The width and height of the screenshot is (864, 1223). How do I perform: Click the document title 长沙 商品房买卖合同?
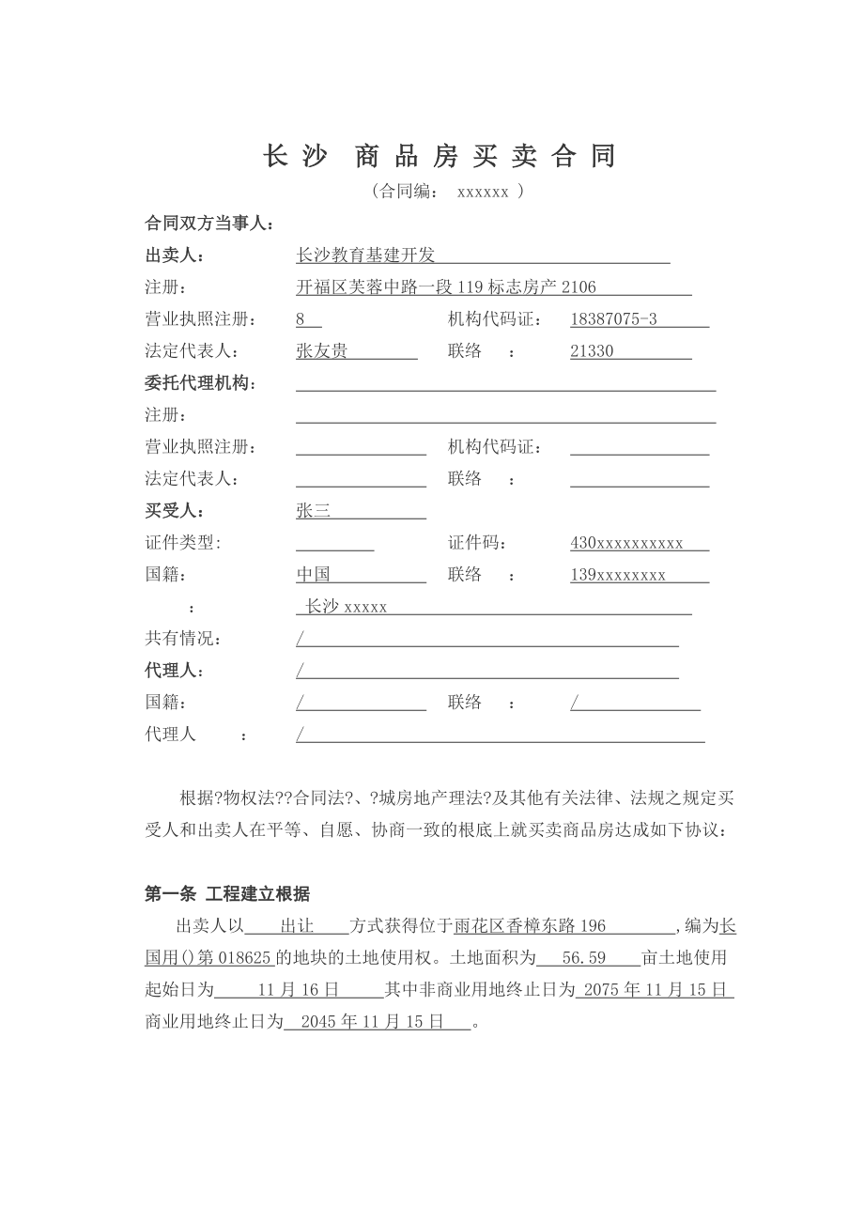(440, 156)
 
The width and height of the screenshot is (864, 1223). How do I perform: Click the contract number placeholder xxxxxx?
(483, 192)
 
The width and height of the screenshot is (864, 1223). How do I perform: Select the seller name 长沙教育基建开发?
(365, 255)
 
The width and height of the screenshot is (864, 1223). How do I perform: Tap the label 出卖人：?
(174, 255)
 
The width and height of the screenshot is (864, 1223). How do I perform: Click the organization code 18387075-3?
(613, 319)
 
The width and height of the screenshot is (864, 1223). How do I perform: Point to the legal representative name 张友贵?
(321, 351)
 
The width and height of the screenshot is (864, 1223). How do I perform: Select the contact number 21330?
(592, 351)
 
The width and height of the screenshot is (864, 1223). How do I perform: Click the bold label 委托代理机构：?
(201, 383)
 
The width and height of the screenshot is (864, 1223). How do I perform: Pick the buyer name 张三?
(313, 511)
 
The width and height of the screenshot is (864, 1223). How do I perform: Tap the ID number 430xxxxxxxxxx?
(626, 543)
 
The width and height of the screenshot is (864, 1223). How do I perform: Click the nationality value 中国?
(313, 575)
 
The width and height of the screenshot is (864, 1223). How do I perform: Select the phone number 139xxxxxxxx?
(618, 575)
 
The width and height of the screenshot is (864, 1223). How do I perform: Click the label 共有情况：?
(184, 639)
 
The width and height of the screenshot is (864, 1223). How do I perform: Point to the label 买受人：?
(174, 511)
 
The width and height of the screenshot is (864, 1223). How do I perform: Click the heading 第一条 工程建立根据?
(227, 894)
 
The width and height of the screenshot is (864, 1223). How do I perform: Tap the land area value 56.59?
(583, 958)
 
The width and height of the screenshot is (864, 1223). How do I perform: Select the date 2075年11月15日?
(655, 990)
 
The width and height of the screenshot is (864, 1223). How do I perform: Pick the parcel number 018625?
(245, 958)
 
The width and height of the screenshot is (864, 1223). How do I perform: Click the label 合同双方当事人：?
(209, 224)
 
